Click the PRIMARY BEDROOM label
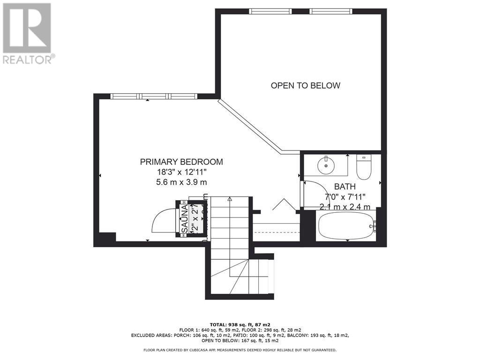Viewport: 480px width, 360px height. pos(181,162)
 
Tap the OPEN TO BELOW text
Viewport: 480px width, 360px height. pos(305,85)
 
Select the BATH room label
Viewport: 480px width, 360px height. pos(345,187)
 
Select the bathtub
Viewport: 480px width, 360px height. pos(346,225)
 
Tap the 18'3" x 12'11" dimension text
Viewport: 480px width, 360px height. pos(181,172)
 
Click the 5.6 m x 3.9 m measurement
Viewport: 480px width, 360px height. pos(181,181)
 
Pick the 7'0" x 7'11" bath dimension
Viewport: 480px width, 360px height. pos(345,196)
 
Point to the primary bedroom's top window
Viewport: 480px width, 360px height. pos(154,96)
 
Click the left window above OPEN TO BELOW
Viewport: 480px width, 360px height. pos(270,11)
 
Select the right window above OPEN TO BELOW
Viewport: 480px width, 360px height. pos(330,11)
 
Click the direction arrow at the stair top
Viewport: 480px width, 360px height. pos(230,199)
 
